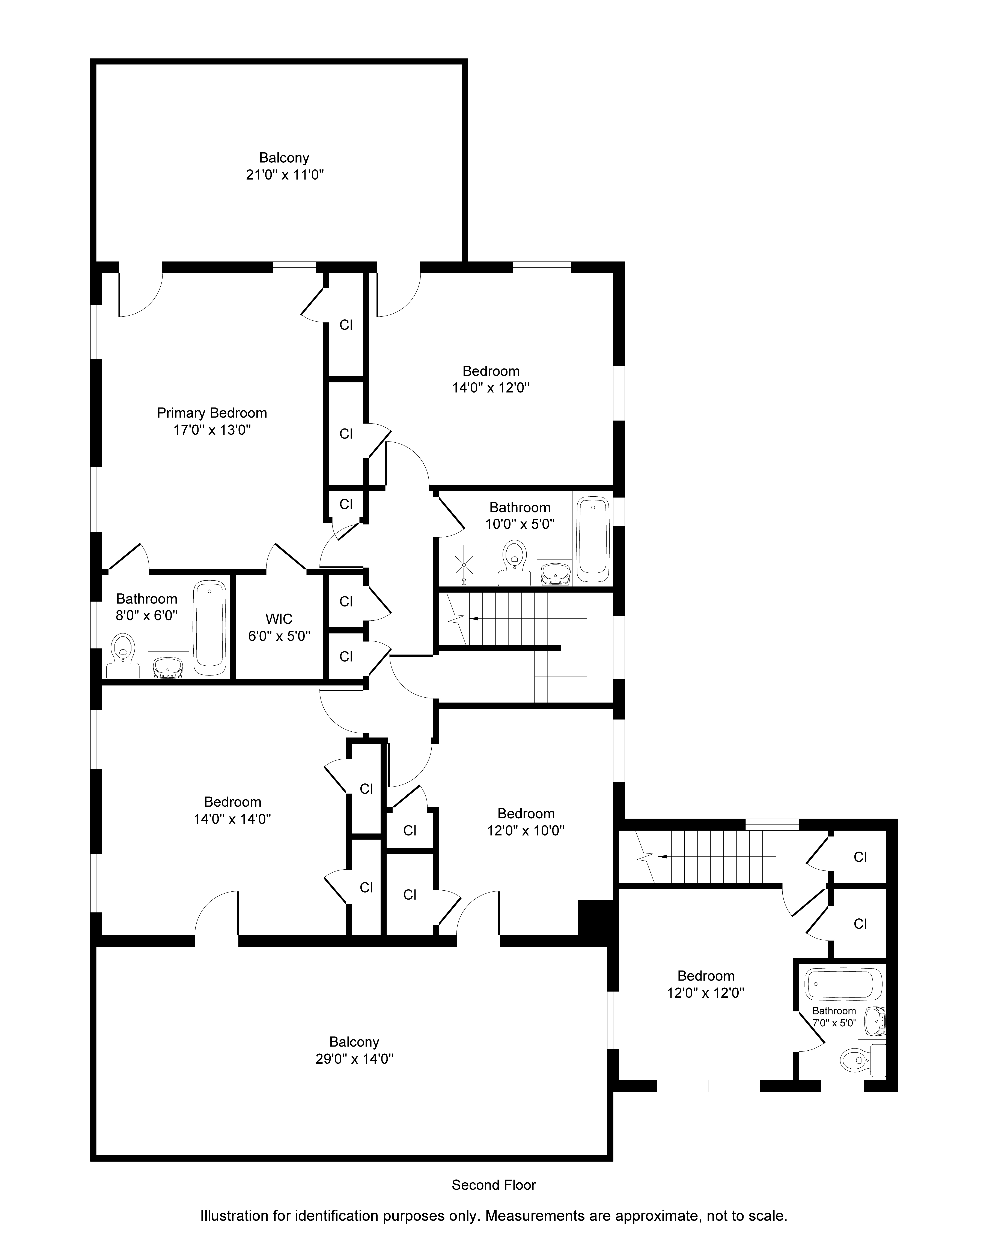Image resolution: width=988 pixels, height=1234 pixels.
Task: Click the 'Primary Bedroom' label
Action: coord(212,413)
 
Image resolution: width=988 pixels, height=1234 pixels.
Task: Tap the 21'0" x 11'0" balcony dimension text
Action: coord(285,175)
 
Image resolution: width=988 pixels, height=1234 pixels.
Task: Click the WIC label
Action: coord(279,619)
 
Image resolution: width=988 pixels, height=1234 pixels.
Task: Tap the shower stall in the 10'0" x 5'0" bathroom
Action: coord(464,564)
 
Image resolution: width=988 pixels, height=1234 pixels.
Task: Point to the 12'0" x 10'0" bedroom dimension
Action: coord(526,831)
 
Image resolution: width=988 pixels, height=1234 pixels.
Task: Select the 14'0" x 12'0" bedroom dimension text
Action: coord(491,388)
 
